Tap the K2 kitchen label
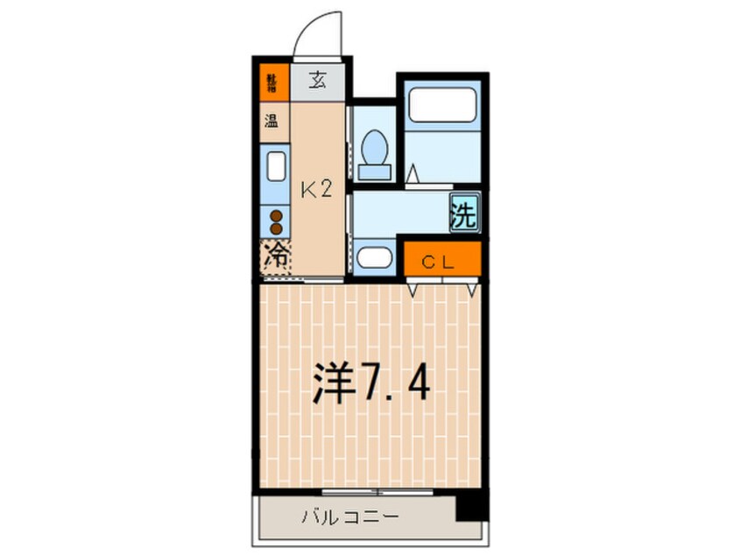[x=316, y=188]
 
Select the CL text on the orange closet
[x=441, y=259]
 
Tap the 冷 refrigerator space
[x=275, y=257]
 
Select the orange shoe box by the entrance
[x=272, y=83]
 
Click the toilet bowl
[x=374, y=144]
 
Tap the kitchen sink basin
[x=274, y=165]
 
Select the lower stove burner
[x=275, y=230]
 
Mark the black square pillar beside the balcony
[x=470, y=507]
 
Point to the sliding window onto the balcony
[x=372, y=491]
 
